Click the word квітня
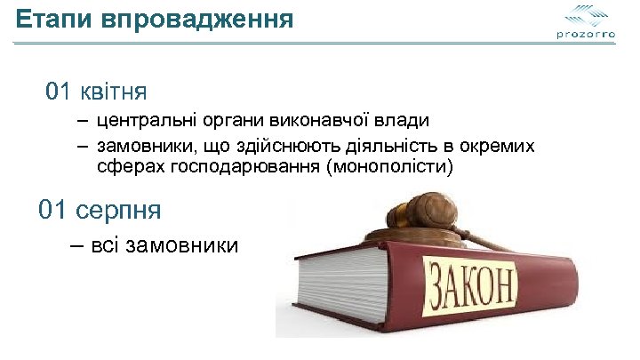(x=114, y=92)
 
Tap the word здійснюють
(x=290, y=146)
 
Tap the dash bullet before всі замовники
(x=77, y=244)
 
